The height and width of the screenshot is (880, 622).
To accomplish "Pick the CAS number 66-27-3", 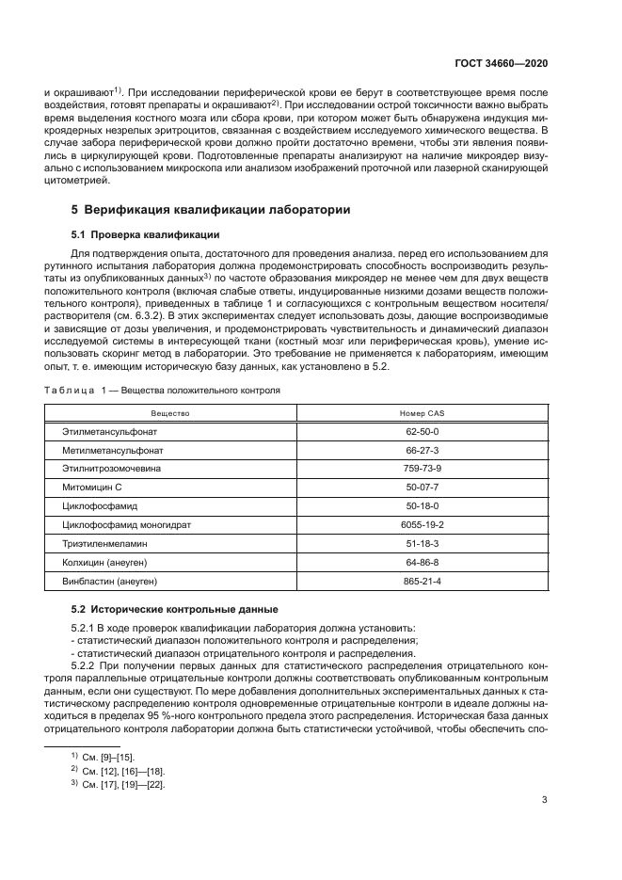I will pos(415,451).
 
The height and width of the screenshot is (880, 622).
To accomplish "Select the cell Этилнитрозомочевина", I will pos(111,469).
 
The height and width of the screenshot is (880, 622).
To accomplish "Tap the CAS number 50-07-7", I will pos(415,487).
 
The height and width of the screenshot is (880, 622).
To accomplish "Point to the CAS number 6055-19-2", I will pos(415,523).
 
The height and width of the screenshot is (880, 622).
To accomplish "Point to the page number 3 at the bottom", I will pos(545,801).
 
